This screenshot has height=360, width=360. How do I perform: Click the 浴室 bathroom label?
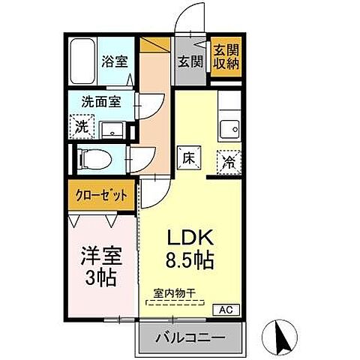pos(115,61)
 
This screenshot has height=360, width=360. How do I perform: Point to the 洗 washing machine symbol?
pos(82,126)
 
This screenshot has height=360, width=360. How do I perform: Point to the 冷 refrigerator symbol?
pos(227,160)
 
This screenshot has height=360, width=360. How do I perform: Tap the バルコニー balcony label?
pos(190,338)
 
